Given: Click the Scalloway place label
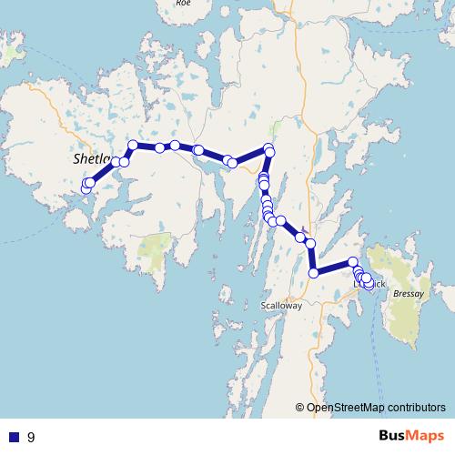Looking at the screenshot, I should pyautogui.click(x=280, y=306).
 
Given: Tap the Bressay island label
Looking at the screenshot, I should pyautogui.click(x=409, y=294).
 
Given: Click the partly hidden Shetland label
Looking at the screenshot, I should pyautogui.click(x=89, y=158).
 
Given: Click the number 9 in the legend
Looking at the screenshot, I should pyautogui.click(x=31, y=437).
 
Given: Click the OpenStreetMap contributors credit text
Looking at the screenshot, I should pyautogui.click(x=377, y=408).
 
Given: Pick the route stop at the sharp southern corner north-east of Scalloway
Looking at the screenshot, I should pyautogui.click(x=314, y=273).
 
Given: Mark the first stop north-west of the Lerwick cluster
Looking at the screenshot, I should pyautogui.click(x=353, y=262).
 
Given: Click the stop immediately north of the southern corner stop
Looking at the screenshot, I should pyautogui.click(x=311, y=243).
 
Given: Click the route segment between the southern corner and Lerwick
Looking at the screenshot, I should pyautogui.click(x=333, y=268).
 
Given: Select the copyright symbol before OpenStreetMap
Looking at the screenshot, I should pyautogui.click(x=300, y=408).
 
